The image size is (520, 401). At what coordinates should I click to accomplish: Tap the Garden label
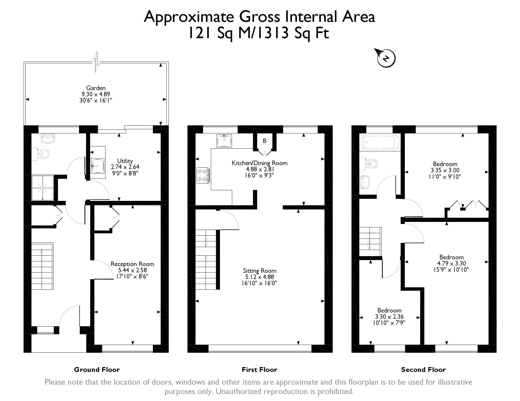click(x=96, y=88)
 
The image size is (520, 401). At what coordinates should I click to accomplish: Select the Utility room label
click(x=125, y=161)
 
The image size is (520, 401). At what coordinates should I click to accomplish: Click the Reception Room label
click(x=132, y=264)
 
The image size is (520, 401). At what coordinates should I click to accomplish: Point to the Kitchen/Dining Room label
click(x=259, y=163)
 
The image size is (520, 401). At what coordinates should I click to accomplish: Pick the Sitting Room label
click(x=259, y=271)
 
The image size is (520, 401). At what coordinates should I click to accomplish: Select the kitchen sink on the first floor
click(x=224, y=141)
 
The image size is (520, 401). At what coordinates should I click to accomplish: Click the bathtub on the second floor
click(x=380, y=142)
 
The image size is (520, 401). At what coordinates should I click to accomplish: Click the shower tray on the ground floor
click(x=43, y=188)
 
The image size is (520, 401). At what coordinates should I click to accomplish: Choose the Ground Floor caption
click(x=97, y=370)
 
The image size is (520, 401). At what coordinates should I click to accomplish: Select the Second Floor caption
click(x=423, y=370)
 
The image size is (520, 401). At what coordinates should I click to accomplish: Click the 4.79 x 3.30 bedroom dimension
click(x=451, y=263)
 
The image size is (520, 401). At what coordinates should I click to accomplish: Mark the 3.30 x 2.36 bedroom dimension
click(x=389, y=317)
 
